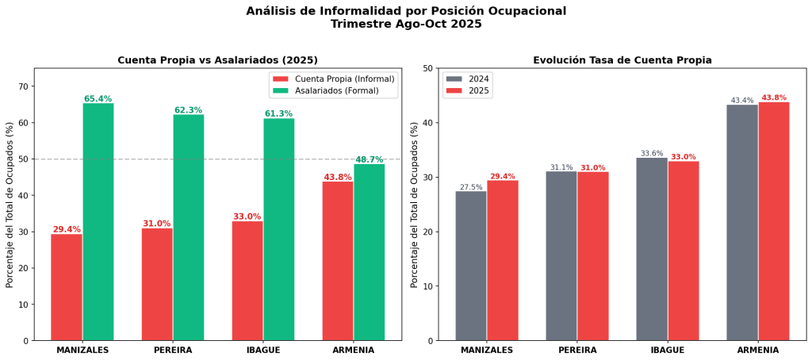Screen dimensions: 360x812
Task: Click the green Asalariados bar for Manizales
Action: coord(98,222)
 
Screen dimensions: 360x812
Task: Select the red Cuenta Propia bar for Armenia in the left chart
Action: coord(338,261)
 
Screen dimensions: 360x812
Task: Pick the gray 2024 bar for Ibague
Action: coord(652,249)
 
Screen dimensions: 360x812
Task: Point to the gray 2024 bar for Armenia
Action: coord(742,223)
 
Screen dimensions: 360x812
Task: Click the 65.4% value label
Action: coord(98,99)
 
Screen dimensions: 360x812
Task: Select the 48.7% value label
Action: coord(370,159)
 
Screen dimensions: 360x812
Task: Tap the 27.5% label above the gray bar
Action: coord(471,187)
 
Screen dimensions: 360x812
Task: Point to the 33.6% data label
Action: coord(652,154)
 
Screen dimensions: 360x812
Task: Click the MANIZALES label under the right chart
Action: coord(487,350)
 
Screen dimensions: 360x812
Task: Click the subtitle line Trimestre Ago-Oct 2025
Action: coord(406,25)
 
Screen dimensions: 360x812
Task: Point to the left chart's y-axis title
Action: coord(10,205)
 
